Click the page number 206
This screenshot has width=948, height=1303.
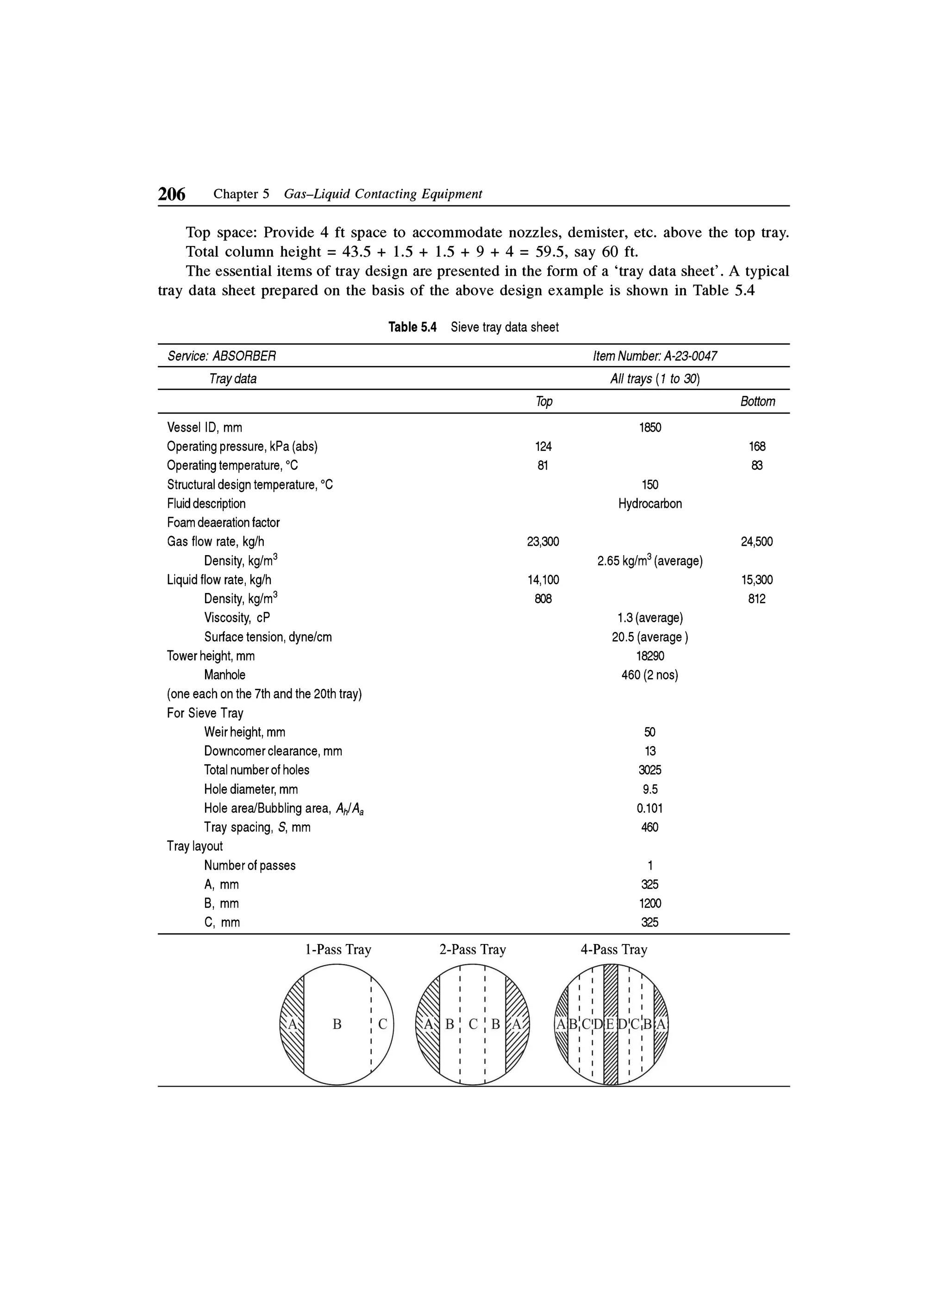tap(171, 195)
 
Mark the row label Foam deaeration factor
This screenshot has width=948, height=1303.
tap(223, 523)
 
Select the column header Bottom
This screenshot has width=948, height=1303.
tap(757, 401)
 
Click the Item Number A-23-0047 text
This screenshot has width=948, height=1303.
tap(655, 356)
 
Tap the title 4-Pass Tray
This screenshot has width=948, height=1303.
tap(613, 950)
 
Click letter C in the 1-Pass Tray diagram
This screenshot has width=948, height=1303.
tap(383, 1024)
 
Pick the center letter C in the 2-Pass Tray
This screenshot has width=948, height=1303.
tap(473, 1024)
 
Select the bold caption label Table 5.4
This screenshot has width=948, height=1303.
tap(412, 327)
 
